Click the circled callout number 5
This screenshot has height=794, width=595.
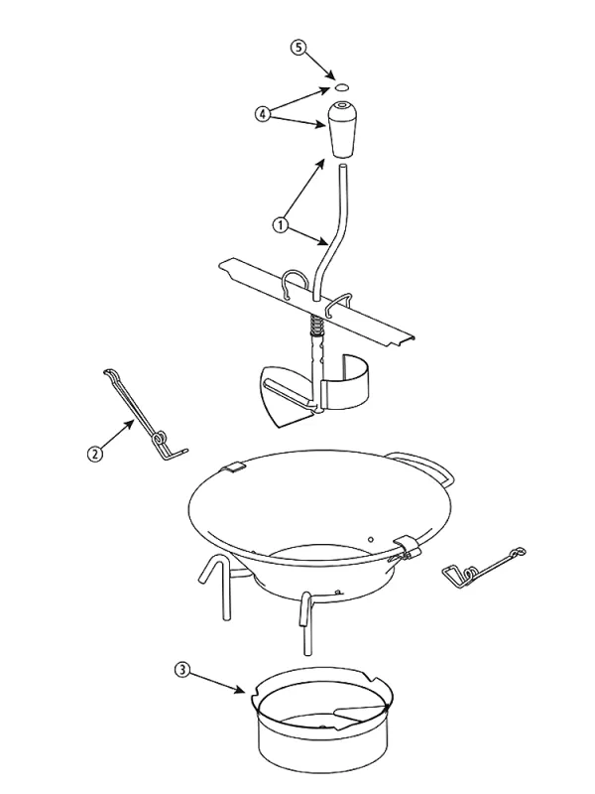coord(298,48)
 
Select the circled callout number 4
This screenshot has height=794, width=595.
coord(262,114)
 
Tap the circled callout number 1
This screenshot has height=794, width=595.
coord(281,224)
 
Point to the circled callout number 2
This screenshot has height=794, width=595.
coord(94,454)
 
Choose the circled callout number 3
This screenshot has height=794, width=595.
coord(182,670)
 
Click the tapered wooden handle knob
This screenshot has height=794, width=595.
coord(341,130)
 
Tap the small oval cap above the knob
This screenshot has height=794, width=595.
coord(340,87)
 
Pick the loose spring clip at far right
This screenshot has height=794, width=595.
coord(483,567)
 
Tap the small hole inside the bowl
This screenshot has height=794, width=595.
coord(371,539)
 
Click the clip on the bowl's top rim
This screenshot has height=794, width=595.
coord(232,467)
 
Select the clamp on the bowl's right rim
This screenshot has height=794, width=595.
coord(409,547)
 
